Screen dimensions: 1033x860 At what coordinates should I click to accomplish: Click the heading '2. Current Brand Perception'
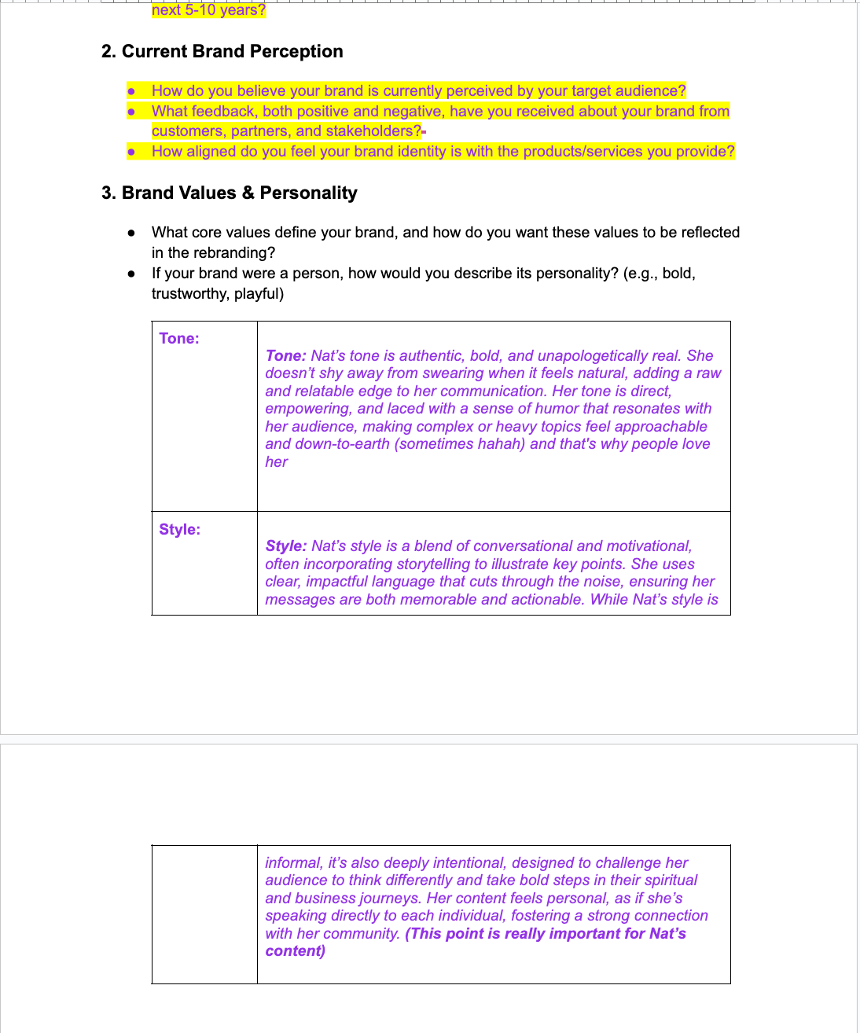coord(222,52)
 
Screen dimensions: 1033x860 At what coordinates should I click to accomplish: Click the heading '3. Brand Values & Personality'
coord(230,193)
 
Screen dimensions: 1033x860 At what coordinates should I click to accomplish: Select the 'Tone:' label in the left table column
coord(179,339)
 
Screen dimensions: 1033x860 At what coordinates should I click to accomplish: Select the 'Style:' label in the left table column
coord(179,530)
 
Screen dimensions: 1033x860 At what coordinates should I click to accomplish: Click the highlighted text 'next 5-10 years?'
coord(208,10)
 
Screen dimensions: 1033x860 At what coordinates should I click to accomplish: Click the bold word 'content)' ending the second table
coord(296,951)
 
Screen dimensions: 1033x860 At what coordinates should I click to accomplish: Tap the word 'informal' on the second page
coord(292,863)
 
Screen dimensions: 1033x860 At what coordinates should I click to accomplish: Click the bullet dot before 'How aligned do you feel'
coord(131,152)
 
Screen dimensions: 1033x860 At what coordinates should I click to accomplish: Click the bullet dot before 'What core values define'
coord(131,233)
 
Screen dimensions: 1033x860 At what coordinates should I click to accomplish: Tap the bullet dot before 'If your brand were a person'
coord(131,274)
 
